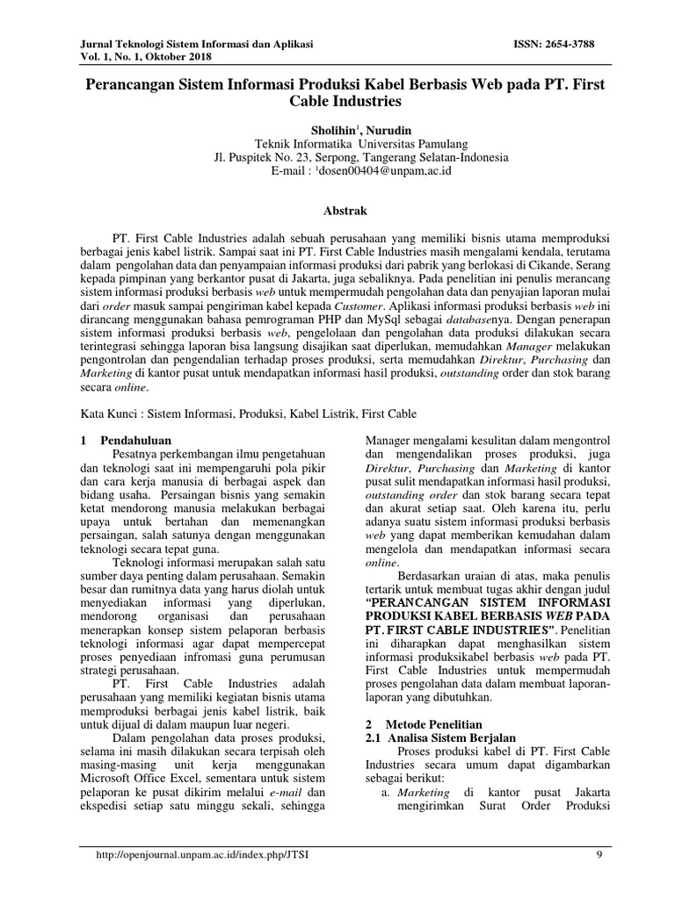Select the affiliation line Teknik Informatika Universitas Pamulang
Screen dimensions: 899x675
pos(337,144)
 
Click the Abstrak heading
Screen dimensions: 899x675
pos(337,211)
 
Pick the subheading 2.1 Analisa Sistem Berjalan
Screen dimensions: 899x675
pos(439,739)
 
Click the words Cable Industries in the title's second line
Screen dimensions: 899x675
pos(337,103)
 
